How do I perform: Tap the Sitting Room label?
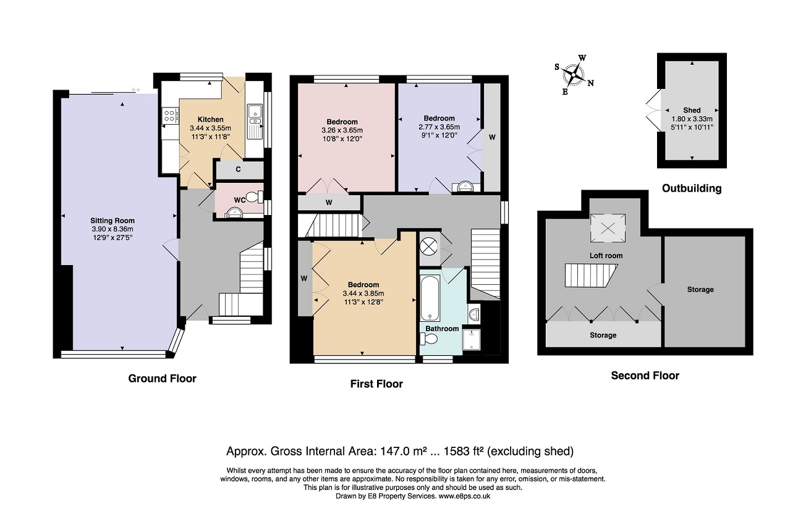[112, 221]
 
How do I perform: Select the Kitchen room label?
[211, 119]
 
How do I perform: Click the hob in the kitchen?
[170, 116]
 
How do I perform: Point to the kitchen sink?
[255, 122]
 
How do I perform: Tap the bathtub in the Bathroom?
[430, 298]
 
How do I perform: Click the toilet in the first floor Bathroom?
[428, 339]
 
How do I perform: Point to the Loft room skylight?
[608, 228]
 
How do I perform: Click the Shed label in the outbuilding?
[692, 110]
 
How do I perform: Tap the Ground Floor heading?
[163, 378]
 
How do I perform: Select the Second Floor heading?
[645, 376]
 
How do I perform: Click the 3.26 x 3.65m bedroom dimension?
[342, 130]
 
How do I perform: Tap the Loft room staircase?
[591, 276]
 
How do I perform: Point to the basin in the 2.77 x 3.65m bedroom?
[466, 187]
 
